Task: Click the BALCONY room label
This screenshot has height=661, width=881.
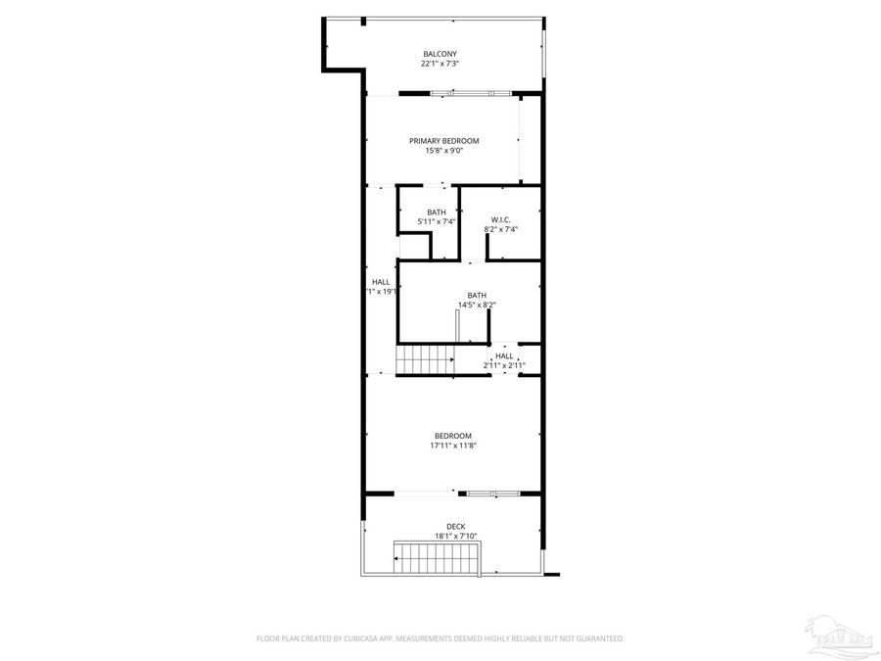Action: [x=440, y=54]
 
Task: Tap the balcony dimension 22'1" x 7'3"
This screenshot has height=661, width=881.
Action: [x=440, y=64]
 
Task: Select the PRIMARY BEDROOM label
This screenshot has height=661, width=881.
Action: [x=443, y=141]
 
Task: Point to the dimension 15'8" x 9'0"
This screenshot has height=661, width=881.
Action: [x=443, y=151]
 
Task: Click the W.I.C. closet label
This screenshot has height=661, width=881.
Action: [x=500, y=219]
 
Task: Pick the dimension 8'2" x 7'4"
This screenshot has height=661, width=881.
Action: [x=500, y=229]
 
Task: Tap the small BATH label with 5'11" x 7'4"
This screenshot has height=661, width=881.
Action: [x=437, y=212]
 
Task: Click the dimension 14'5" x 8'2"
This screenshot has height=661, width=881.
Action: [x=477, y=305]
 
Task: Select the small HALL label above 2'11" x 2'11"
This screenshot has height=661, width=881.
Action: [x=504, y=355]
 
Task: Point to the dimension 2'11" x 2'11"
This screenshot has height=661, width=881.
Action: [x=504, y=365]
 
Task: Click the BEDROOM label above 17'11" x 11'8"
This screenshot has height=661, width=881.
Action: [x=453, y=436]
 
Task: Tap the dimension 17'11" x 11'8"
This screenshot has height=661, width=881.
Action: [x=453, y=446]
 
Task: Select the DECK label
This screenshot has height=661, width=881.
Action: [x=455, y=526]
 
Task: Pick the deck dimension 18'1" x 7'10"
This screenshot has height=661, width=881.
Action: [x=455, y=536]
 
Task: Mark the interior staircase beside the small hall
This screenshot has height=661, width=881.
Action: [x=425, y=359]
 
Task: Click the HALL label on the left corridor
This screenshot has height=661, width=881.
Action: [x=381, y=282]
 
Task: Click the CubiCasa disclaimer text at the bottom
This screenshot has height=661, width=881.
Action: [x=440, y=638]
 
